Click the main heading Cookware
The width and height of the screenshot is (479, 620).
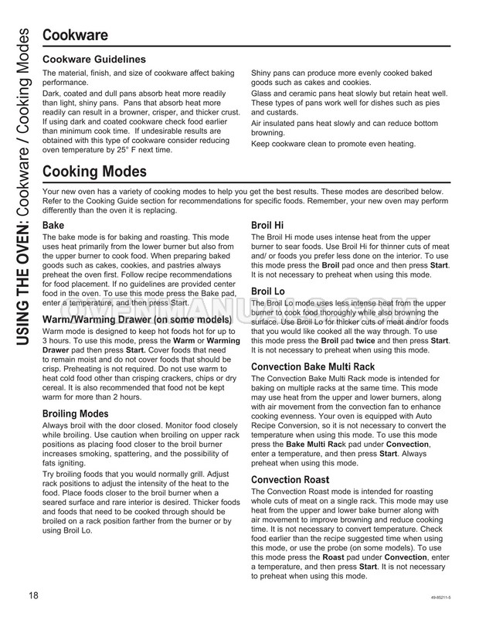(x=74, y=35)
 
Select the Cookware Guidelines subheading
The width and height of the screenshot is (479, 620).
(x=93, y=60)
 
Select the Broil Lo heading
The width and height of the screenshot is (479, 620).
(x=270, y=291)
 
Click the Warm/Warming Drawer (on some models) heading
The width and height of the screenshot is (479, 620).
(x=137, y=319)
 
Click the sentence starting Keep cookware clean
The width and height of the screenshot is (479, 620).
(x=333, y=144)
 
